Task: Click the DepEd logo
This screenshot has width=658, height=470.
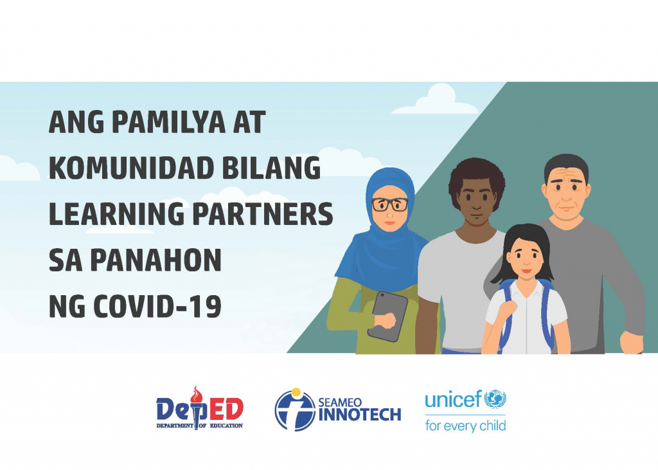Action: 200,409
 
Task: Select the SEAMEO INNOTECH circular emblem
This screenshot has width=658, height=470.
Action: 295,410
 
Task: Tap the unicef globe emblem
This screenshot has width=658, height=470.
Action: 495,399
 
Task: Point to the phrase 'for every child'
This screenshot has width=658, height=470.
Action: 465,426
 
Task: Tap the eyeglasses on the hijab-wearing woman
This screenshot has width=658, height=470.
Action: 389,205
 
